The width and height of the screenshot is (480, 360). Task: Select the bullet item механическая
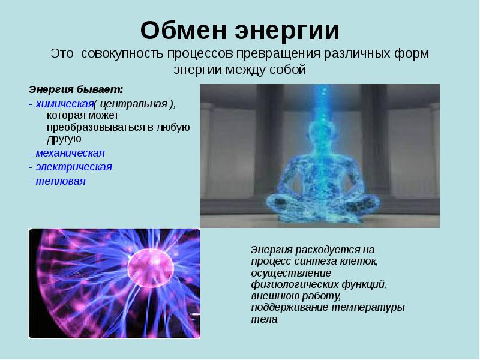point(70,152)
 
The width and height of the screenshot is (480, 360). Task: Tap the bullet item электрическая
point(74,167)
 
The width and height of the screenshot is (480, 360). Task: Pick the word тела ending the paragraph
point(264,319)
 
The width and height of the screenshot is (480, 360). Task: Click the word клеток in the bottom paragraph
point(362,261)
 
